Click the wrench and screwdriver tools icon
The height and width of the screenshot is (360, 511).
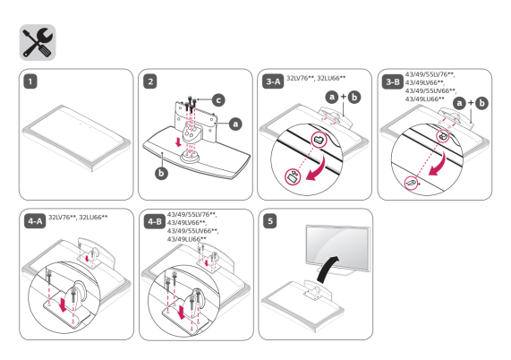pos(38,42)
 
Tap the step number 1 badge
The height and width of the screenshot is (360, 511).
pos(30,81)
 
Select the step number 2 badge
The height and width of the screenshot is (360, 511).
pos(150,81)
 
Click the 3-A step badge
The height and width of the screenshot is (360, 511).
pos(273,81)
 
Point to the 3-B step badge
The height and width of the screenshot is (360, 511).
pos(393,81)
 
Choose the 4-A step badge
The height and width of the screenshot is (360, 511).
pos(35,221)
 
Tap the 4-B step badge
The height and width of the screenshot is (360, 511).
pos(155,222)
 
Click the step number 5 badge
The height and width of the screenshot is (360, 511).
pos(270,221)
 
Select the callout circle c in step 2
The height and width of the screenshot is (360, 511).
pos(218,99)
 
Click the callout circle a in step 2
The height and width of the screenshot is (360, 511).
pos(235,124)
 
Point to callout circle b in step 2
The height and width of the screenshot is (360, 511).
pos(161,173)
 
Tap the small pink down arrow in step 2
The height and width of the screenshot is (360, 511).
pos(178,141)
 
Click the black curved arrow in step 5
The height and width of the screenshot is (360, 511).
pos(327,270)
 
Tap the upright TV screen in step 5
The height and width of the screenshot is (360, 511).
pos(337,247)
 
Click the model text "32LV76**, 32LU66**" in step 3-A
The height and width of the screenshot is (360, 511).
pos(316,78)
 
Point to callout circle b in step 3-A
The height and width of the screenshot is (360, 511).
pos(354,98)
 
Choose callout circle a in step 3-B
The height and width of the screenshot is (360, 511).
pos(459,103)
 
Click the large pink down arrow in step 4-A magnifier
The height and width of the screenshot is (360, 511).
pos(64,303)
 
